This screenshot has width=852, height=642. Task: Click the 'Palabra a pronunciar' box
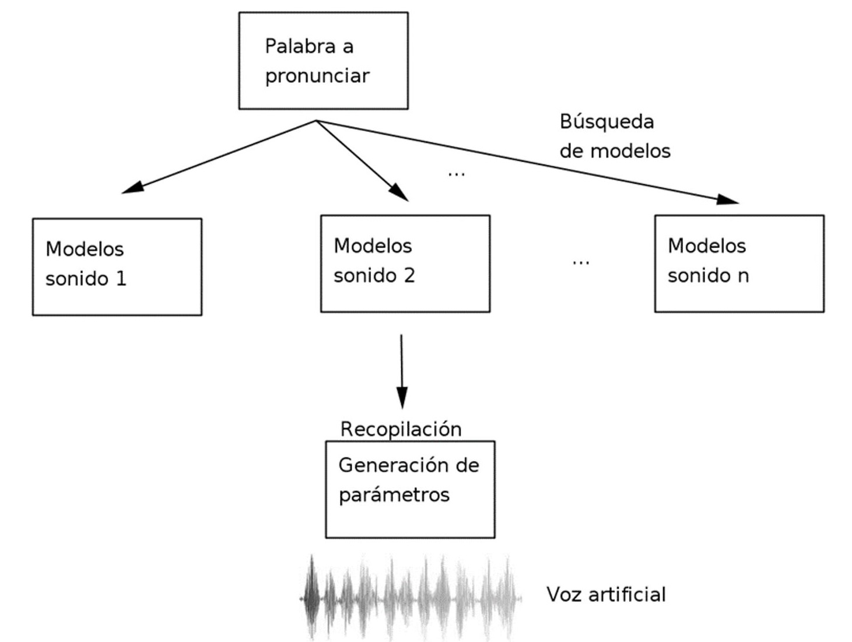[323, 61]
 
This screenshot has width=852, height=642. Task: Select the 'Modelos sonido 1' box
[117, 266]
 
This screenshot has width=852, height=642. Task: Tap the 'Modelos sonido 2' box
[405, 264]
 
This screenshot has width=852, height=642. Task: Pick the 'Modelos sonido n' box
[739, 264]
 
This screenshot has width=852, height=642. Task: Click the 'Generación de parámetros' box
[410, 489]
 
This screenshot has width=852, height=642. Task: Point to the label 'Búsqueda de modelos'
[615, 136]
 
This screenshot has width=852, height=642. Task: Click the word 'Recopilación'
[401, 429]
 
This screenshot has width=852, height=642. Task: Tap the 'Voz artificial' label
[606, 594]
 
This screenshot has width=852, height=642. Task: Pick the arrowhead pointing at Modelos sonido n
[728, 199]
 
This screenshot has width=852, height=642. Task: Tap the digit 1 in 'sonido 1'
[121, 279]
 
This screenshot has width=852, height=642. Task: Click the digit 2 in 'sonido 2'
[409, 275]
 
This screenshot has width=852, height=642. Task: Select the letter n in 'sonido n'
[743, 276]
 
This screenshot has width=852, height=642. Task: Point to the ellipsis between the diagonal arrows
[456, 174]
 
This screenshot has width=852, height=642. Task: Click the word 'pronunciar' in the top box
[317, 76]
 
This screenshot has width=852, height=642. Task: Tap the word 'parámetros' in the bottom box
[394, 495]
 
